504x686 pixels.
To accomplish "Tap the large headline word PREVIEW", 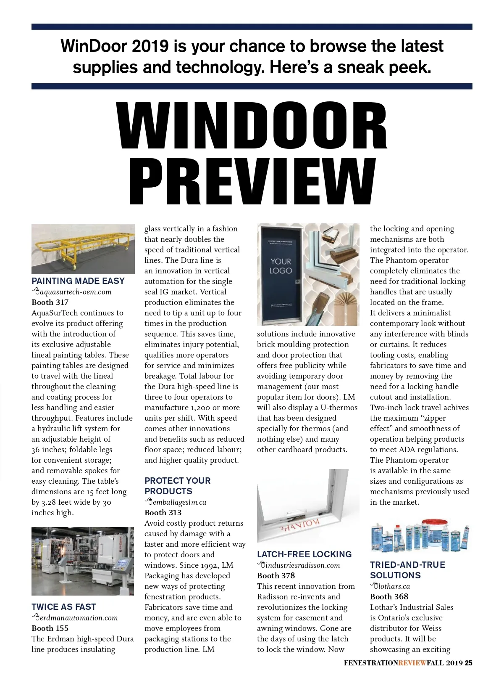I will tap(252, 182).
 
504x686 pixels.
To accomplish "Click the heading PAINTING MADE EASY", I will tap(78, 281).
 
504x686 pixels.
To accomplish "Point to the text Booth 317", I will tap(50, 302).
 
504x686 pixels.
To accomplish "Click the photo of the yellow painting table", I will tap(83, 249).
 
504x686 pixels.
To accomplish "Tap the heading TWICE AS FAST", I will tap(64, 607).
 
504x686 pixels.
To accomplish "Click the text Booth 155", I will tap(50, 628).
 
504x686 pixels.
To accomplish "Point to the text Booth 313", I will tap(163, 513).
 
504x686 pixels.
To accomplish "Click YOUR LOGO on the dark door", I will tap(281, 266).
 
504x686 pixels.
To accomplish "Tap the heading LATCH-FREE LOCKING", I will tap(304, 554).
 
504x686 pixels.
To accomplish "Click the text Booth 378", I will tap(276, 576).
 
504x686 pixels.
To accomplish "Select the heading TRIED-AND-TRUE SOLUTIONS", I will tap(407, 570).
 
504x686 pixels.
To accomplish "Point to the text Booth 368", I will tap(389, 597).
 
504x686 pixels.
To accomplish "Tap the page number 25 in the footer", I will tap(468, 663).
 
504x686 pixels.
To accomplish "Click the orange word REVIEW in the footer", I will tap(412, 663).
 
